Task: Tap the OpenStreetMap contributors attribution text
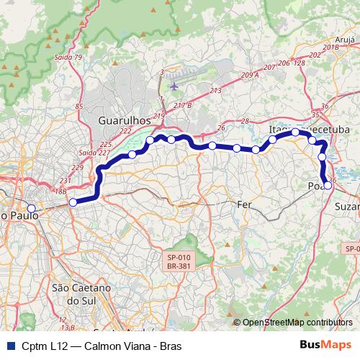pyautogui.click(x=297, y=323)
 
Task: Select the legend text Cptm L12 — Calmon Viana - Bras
pyautogui.click(x=102, y=346)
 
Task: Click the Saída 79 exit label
pyautogui.click(x=68, y=57)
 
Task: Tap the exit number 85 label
pyautogui.click(x=78, y=107)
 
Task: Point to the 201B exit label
pyautogui.click(x=330, y=47)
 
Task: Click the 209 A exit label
pyautogui.click(x=250, y=74)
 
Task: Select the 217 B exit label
pyautogui.click(x=182, y=105)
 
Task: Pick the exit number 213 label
pyautogui.click(x=215, y=91)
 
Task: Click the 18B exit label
pyautogui.click(x=60, y=191)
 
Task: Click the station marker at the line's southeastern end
pyautogui.click(x=328, y=185)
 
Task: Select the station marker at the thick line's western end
pyautogui.click(x=72, y=202)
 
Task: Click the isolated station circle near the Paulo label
pyautogui.click(x=31, y=208)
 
